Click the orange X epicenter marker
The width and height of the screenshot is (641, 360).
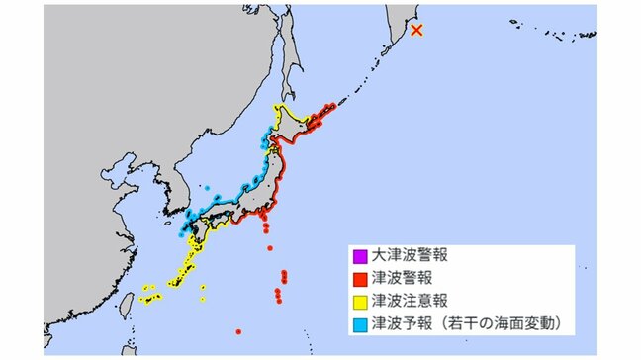pyautogui.click(x=417, y=31)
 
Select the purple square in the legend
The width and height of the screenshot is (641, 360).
pyautogui.click(x=361, y=256)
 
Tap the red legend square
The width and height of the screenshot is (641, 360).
pyautogui.click(x=361, y=278)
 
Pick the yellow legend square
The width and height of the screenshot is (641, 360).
pyautogui.click(x=361, y=300)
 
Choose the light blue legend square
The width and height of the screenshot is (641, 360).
pyautogui.click(x=361, y=322)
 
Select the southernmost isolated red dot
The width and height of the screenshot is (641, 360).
pyautogui.click(x=237, y=331)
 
